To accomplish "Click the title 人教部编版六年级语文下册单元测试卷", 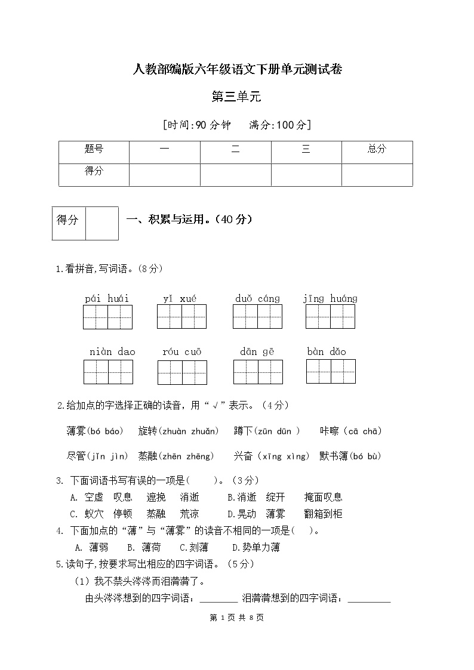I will [237, 70].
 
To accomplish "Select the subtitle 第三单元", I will [237, 97].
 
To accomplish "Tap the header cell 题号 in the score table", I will [94, 149].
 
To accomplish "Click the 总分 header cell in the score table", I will [377, 149].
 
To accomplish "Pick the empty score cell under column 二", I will [235, 175].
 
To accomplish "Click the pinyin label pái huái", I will [107, 299].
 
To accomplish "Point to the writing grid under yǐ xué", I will [181, 317].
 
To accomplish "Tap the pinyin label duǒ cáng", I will [257, 299].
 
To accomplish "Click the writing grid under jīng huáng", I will [330, 317].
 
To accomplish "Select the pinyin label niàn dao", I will [112, 352].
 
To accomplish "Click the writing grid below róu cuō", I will [182, 372].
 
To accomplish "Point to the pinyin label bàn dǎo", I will [327, 352].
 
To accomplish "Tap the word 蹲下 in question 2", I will [244, 431].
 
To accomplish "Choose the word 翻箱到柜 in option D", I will [323, 514].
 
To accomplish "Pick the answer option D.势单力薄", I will [256, 547].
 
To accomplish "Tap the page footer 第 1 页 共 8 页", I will [237, 618].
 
